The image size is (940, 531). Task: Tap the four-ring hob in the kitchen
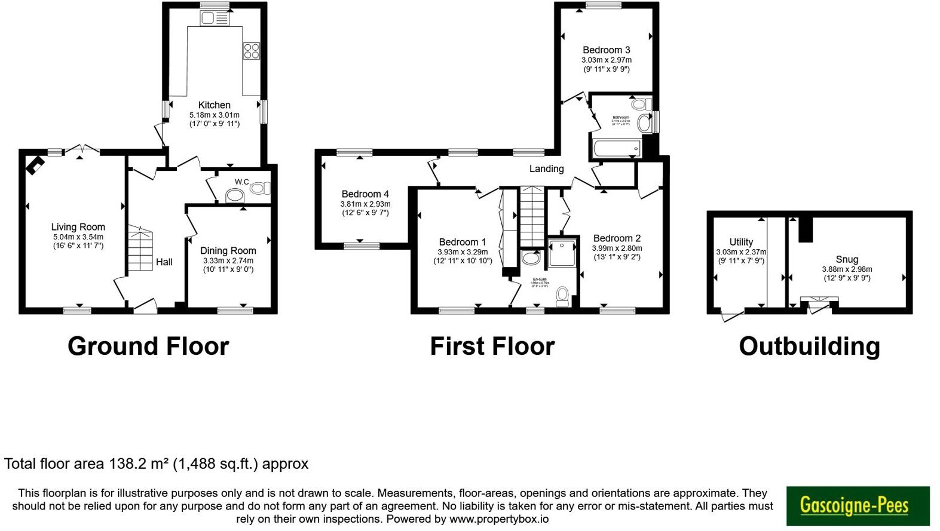(x=251, y=51)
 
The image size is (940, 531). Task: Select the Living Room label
(x=78, y=227)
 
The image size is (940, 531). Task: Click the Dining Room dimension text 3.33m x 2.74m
(x=228, y=260)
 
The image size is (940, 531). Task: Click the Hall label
(x=164, y=262)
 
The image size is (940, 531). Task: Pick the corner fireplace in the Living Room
(x=33, y=165)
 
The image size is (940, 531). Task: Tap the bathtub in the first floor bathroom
(x=615, y=148)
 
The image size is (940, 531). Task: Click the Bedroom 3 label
(x=606, y=50)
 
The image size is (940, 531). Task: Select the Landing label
(x=546, y=168)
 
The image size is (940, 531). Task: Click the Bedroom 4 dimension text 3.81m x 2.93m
(x=365, y=204)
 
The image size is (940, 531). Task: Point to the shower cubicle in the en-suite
(x=562, y=252)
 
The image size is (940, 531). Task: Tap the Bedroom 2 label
(x=617, y=238)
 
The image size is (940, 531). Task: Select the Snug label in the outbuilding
(x=847, y=259)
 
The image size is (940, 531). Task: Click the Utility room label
(x=741, y=242)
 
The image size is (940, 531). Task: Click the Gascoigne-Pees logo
(x=858, y=506)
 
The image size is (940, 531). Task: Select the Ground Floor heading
(x=148, y=346)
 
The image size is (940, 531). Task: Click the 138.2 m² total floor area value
(x=139, y=464)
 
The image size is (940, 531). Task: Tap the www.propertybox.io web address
(x=498, y=519)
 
